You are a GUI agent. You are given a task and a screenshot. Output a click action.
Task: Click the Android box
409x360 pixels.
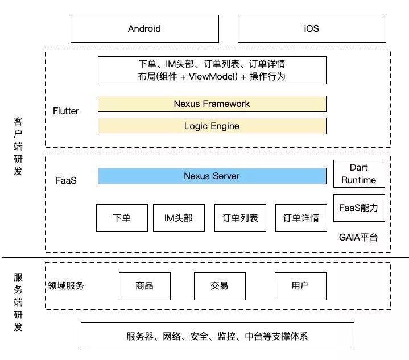coord(144,28)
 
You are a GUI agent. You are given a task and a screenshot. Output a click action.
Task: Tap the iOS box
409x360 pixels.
coord(312,28)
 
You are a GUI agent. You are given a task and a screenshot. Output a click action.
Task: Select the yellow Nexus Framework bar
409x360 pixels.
coord(212,104)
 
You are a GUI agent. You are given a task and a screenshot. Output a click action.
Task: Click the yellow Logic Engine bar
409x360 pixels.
coord(212,126)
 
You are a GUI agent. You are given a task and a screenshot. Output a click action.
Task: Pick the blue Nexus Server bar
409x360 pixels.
coord(212,176)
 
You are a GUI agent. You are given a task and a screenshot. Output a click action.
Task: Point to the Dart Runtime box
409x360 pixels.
coord(359,173)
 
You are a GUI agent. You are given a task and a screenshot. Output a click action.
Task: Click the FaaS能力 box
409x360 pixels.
coord(359,208)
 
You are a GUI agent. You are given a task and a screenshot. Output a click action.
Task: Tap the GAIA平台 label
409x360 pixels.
coord(358,237)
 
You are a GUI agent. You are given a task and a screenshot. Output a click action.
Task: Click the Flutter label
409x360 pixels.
coord(66,111)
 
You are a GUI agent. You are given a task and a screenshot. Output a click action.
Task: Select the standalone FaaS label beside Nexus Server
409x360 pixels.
coord(66,180)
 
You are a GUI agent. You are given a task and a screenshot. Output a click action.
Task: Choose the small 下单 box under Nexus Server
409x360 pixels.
coord(122,218)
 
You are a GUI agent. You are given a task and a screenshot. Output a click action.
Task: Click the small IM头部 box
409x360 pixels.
coord(179,218)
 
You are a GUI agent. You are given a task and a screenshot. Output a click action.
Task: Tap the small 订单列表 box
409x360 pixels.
coord(240,218)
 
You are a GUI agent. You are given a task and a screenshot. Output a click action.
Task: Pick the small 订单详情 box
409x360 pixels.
coord(301,218)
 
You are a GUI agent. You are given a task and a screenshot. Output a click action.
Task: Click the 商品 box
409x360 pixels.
coord(144,286)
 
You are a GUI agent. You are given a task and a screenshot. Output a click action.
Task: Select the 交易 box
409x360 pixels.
coord(220,286)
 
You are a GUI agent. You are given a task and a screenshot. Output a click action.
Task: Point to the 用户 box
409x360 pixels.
coord(300,286)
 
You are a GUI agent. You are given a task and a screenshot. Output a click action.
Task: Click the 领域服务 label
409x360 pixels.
coord(66,286)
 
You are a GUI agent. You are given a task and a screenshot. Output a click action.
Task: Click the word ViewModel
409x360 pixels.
coord(213,77)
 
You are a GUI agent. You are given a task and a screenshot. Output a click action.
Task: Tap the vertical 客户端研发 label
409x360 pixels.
coord(18,146)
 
